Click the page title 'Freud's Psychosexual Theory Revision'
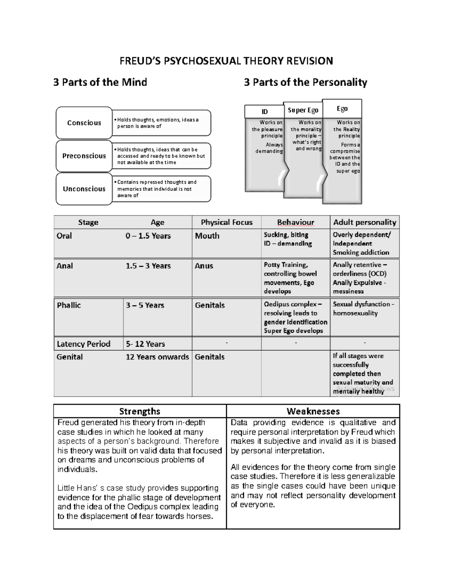click(226, 61)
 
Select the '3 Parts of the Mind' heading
click(100, 82)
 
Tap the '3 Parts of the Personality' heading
click(305, 82)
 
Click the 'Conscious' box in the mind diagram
click(84, 123)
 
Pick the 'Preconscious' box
click(84, 156)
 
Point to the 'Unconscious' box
click(84, 189)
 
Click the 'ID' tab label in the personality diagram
click(265, 112)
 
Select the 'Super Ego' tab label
click(303, 110)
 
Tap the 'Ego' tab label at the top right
click(342, 109)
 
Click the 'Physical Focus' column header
click(226, 222)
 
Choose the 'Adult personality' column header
click(364, 222)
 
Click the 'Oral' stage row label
click(64, 236)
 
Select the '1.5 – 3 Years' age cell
click(148, 266)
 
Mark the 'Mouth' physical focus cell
click(207, 236)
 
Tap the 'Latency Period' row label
click(83, 344)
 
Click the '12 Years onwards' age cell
click(157, 357)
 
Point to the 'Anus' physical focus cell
click(204, 266)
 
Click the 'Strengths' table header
click(140, 411)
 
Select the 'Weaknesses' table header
click(313, 411)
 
